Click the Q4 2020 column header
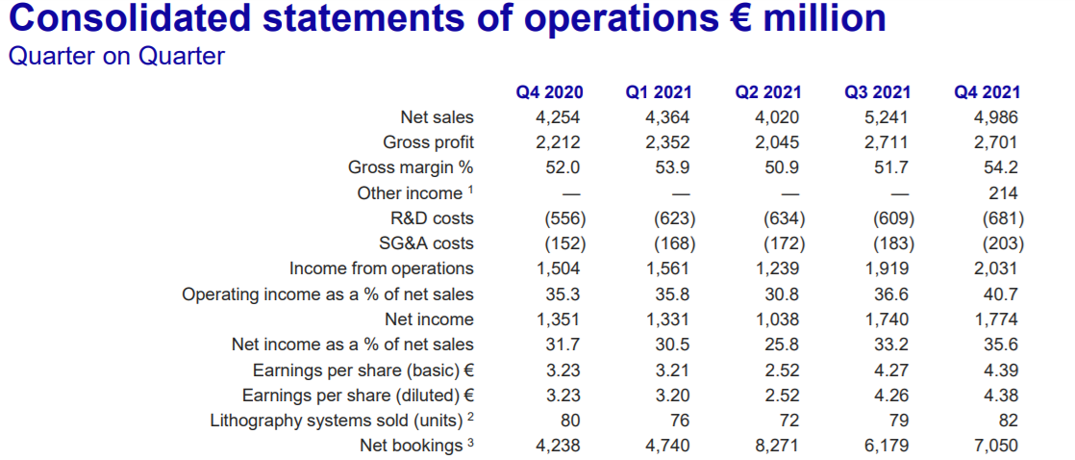(x=549, y=92)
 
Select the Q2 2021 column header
(x=768, y=92)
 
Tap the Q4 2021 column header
(x=987, y=92)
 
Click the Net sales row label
(x=437, y=117)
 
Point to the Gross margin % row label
(x=411, y=167)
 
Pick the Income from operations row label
(x=382, y=268)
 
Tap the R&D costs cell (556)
(x=565, y=218)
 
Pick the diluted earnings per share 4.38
(x=1002, y=395)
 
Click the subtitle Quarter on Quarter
(x=116, y=56)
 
